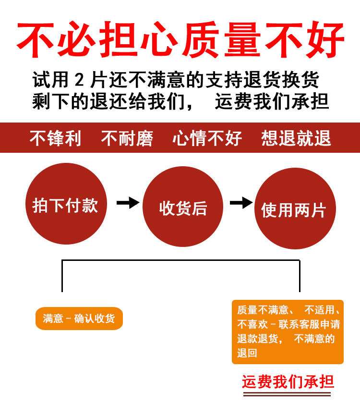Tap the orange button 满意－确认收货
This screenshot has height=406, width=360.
[x=79, y=319]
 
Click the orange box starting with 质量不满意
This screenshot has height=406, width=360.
[x=288, y=332]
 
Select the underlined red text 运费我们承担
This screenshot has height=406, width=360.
[x=288, y=382]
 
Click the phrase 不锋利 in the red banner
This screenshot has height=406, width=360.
[x=55, y=138]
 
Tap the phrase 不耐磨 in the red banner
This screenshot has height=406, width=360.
[x=127, y=138]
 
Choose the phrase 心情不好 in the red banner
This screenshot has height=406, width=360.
[x=207, y=138]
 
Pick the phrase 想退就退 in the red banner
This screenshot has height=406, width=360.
[x=296, y=138]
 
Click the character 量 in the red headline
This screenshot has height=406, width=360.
[x=263, y=40]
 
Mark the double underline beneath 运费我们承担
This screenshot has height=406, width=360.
[x=288, y=394]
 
